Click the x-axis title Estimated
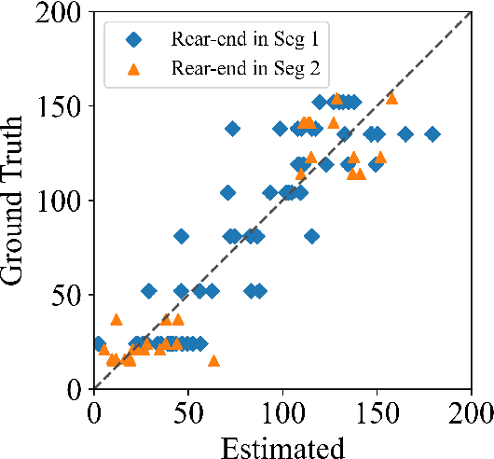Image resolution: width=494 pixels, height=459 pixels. click(282, 446)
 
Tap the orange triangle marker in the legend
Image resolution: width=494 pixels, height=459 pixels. click(135, 67)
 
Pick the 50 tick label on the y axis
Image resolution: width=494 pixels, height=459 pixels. click(69, 295)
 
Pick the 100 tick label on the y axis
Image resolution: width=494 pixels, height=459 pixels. click(63, 201)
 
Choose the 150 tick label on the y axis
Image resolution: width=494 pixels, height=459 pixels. click(63, 106)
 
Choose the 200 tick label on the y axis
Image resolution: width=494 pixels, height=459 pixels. click(63, 12)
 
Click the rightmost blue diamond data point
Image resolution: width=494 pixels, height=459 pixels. click(432, 134)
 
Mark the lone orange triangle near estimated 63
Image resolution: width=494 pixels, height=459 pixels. click(213, 361)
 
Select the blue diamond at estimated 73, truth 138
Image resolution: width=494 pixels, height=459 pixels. click(232, 129)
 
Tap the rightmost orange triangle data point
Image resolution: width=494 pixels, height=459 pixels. click(391, 98)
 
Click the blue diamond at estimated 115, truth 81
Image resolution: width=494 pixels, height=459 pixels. click(311, 236)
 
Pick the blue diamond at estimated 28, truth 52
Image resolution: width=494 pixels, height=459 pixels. click(148, 291)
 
